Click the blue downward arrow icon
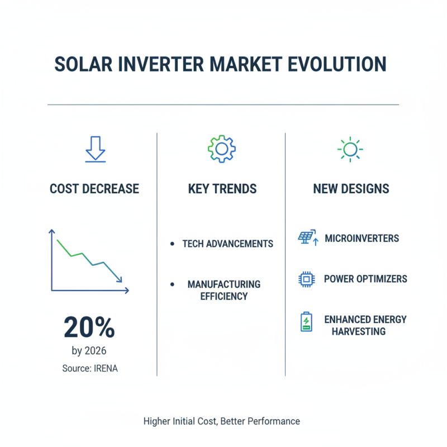click(94, 150)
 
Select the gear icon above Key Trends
click(221, 148)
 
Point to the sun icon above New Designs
click(350, 149)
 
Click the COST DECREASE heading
click(94, 189)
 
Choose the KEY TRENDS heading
click(222, 189)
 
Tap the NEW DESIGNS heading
click(351, 189)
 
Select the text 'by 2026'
click(89, 351)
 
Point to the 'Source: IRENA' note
click(89, 368)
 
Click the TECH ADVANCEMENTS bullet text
click(227, 244)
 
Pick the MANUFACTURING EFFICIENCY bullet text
click(223, 290)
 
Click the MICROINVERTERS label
click(362, 239)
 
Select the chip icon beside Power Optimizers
click(306, 279)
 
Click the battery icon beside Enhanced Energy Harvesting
click(306, 322)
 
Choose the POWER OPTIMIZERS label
click(365, 279)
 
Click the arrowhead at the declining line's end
click(120, 279)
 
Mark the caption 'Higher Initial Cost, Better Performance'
click(221, 421)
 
